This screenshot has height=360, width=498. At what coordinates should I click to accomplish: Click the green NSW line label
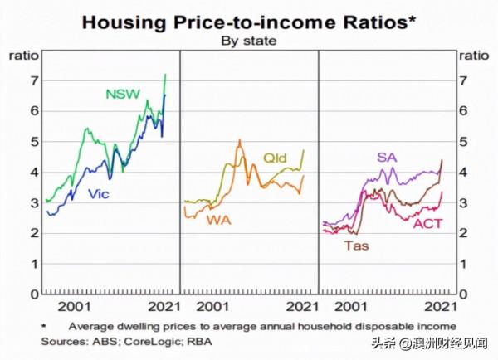pyautogui.click(x=124, y=94)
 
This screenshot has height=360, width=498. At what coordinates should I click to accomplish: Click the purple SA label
pyautogui.click(x=387, y=157)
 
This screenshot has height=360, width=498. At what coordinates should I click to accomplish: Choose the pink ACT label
pyautogui.click(x=427, y=224)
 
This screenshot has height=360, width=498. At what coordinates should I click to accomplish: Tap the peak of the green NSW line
pyautogui.click(x=165, y=75)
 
